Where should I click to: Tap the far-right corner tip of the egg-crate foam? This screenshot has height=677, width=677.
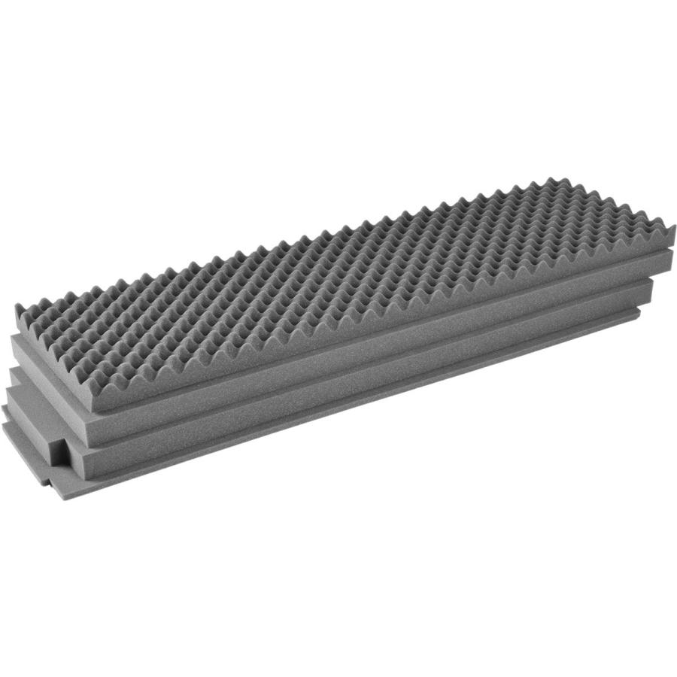672,226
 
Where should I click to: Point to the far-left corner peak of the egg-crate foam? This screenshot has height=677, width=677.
18,307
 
